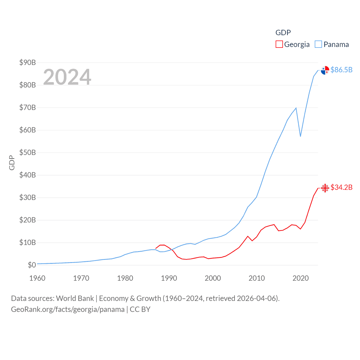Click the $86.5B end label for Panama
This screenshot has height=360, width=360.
click(x=341, y=70)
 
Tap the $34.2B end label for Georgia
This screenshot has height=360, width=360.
click(x=341, y=187)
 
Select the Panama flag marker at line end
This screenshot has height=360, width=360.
click(x=325, y=70)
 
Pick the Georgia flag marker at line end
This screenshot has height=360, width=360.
click(x=325, y=188)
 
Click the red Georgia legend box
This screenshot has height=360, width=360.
click(x=279, y=44)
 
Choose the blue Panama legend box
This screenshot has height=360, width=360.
click(x=318, y=44)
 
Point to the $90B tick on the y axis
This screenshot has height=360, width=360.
click(x=28, y=62)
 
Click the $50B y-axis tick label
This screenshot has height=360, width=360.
click(x=28, y=152)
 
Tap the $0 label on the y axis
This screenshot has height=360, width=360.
click(x=32, y=265)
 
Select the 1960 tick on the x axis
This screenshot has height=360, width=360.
click(x=37, y=278)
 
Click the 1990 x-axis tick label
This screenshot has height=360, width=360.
click(x=169, y=278)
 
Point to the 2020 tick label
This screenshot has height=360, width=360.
click(x=301, y=278)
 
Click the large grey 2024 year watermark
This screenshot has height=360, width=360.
click(x=67, y=77)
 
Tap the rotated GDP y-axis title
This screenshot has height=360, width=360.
click(x=12, y=163)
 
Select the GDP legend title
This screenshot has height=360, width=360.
click(x=283, y=33)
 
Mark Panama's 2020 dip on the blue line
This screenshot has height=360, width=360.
click(x=300, y=136)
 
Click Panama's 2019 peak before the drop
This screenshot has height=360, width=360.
click(x=296, y=108)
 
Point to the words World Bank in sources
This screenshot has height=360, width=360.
click(x=75, y=298)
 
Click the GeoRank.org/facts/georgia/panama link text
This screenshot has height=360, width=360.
click(x=68, y=309)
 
